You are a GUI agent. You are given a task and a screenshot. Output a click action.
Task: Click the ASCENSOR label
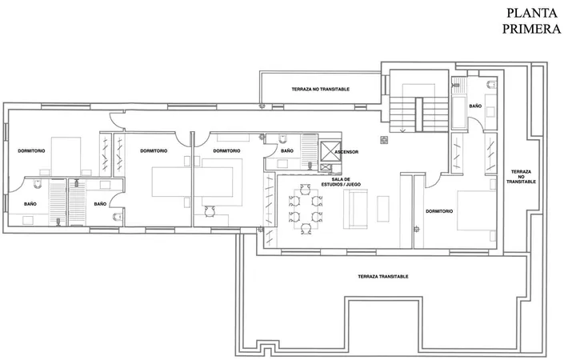coord(346,152)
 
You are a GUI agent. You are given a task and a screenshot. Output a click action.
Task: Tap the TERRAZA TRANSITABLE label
coord(382,277)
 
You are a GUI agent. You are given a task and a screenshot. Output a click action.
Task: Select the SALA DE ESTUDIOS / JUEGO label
coord(341,182)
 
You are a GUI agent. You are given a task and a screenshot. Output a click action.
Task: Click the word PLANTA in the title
coord(532,13)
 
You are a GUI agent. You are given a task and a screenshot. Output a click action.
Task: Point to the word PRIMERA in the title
coord(531,29)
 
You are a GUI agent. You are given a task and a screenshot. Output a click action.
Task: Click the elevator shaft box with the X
coord(330,151)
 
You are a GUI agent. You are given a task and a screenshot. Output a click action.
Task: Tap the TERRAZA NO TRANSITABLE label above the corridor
coord(320,90)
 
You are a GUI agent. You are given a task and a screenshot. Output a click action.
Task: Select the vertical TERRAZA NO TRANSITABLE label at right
coord(521,177)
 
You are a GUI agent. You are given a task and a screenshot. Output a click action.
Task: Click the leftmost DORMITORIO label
coord(31,151)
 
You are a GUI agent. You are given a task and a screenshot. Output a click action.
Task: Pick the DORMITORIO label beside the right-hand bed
coord(439,211)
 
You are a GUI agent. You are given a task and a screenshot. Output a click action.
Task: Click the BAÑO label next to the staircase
coord(475,106)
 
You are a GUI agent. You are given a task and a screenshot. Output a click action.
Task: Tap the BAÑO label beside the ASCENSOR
coord(287,150)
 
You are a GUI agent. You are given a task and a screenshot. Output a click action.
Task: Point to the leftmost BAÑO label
coord(30,204)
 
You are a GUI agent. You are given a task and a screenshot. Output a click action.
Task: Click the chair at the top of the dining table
coord(305,189)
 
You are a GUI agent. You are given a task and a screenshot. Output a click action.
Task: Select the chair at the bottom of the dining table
coord(306,229)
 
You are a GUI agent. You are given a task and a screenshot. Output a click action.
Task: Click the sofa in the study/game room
coord(355,209)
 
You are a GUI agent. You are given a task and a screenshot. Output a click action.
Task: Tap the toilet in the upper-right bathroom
coord(491,85)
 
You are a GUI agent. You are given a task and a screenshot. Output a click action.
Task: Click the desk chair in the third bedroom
coord(209,211)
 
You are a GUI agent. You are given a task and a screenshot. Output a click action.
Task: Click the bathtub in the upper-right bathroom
coord(459,111)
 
